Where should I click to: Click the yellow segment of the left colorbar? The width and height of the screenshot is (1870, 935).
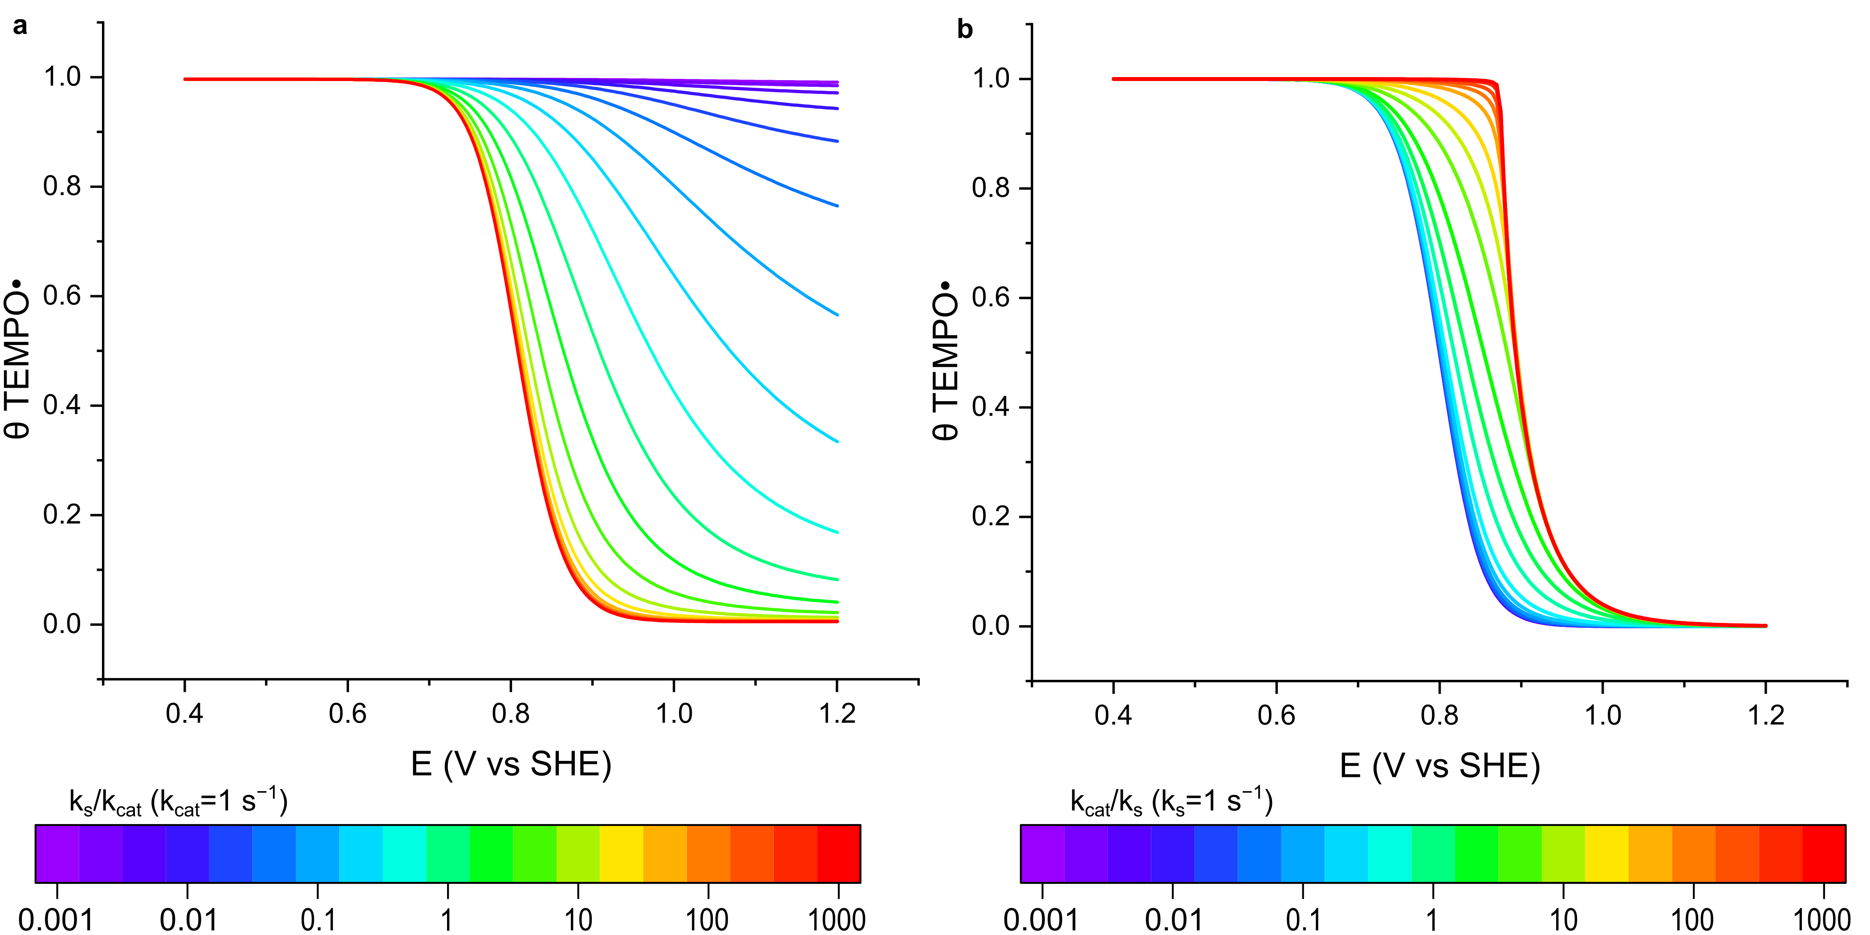(x=622, y=854)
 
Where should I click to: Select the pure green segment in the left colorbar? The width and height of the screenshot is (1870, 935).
(x=492, y=854)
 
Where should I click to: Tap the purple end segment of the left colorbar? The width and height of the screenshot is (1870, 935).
(x=57, y=854)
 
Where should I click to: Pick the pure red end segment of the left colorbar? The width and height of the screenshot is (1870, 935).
(x=838, y=854)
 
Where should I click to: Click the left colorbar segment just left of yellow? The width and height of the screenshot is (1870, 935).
(x=578, y=854)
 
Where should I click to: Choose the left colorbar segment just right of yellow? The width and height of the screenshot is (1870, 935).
(x=665, y=854)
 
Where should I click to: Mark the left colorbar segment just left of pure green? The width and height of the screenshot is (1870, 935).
(x=448, y=854)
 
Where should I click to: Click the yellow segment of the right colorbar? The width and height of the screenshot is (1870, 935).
(x=1606, y=854)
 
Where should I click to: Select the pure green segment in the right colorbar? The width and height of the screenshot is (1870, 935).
(x=1476, y=854)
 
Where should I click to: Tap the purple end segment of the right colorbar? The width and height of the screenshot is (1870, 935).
(x=1043, y=854)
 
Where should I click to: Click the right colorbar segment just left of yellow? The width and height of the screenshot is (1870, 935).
(x=1563, y=854)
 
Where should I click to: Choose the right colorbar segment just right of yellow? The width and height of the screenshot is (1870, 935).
(x=1650, y=854)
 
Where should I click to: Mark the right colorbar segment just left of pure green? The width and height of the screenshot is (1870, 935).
(x=1433, y=854)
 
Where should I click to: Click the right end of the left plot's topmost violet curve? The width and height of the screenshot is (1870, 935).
(x=838, y=83)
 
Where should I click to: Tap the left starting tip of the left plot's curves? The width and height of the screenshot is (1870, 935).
(x=185, y=79)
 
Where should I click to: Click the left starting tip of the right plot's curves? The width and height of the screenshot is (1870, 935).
(x=1113, y=79)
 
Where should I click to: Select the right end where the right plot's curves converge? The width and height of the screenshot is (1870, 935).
(x=1765, y=626)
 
